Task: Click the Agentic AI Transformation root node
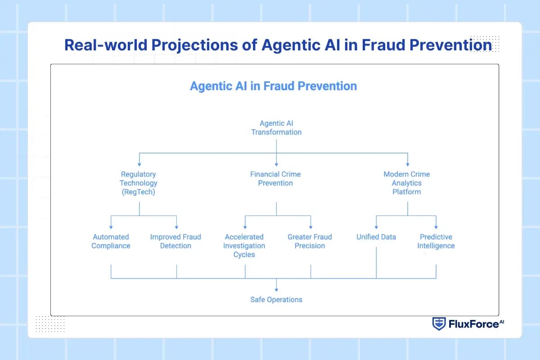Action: (x=276, y=128)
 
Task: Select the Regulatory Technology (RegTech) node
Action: (x=139, y=183)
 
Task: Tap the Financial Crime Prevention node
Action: (x=275, y=179)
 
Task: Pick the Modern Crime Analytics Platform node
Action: (x=407, y=183)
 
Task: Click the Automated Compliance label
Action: (x=111, y=241)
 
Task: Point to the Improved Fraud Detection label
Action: (x=175, y=241)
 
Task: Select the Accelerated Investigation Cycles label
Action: (x=244, y=246)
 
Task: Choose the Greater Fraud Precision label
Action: (x=310, y=241)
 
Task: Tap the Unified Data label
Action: (x=376, y=237)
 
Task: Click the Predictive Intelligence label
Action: (x=436, y=241)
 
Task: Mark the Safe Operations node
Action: (x=276, y=300)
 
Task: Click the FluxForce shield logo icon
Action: (x=439, y=324)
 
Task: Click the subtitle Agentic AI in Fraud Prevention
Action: (x=273, y=86)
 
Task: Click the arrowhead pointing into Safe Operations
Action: (x=276, y=289)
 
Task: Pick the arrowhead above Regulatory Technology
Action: (x=139, y=164)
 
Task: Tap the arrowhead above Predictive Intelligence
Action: (x=436, y=227)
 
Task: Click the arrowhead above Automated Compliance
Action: (x=111, y=227)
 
